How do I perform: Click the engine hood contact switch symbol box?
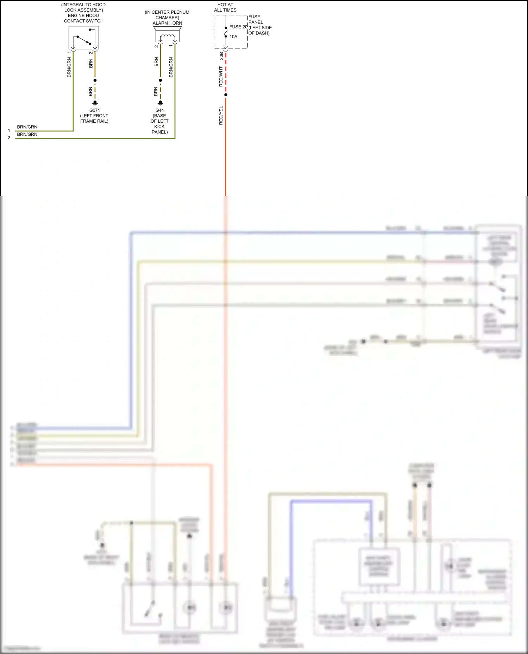84,38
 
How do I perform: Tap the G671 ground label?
95,110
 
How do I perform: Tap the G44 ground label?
160,110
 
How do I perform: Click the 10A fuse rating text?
233,37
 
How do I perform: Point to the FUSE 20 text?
238,27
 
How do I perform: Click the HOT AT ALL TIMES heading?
225,7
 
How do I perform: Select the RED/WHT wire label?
221,77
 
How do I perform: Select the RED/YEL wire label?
221,115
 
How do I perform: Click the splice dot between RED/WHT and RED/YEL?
226,95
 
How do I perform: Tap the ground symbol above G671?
95,103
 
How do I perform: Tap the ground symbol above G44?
161,103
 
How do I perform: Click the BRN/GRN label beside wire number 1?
27,127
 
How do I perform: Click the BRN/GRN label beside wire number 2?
27,134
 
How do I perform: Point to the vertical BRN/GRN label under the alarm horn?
171,67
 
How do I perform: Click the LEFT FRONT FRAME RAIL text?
94,118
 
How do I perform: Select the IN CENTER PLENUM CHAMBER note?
167,15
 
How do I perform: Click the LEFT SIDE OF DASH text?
260,30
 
